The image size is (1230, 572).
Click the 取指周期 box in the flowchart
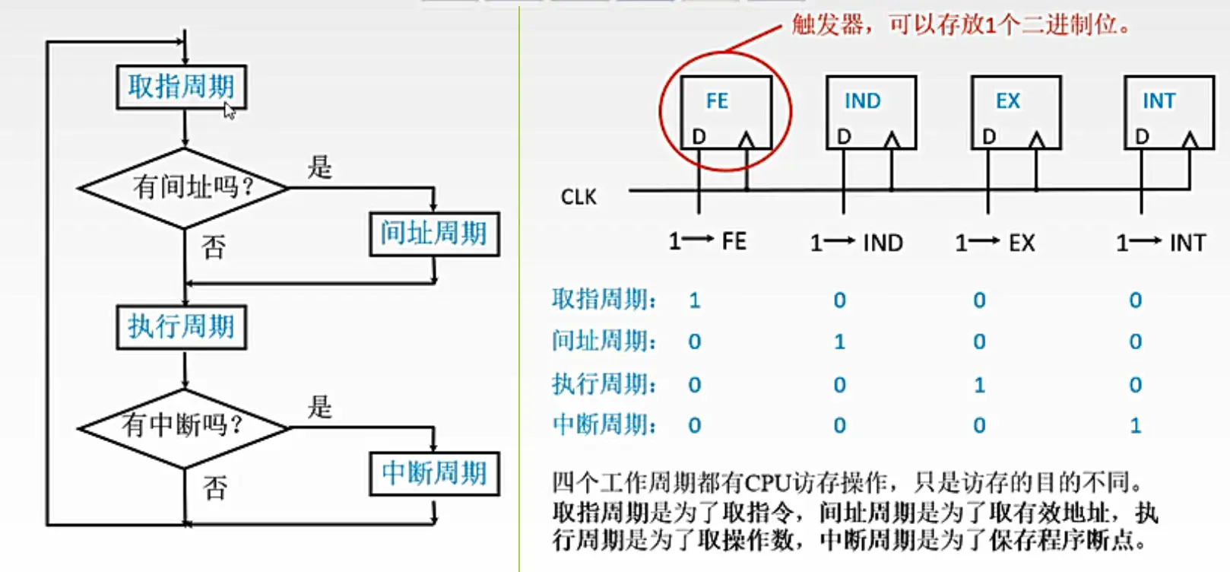(x=181, y=87)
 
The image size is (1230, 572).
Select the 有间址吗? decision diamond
(x=184, y=187)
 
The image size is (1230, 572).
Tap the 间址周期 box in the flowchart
(x=433, y=234)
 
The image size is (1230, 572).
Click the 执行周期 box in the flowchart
(x=181, y=327)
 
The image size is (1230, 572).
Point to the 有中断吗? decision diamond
(x=184, y=427)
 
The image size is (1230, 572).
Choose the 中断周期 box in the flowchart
(x=433, y=474)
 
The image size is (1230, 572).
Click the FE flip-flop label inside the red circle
(x=717, y=101)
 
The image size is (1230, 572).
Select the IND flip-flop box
(x=871, y=112)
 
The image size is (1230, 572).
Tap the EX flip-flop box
(x=1016, y=112)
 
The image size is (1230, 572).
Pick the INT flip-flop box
(x=1168, y=112)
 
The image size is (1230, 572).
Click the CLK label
(x=579, y=198)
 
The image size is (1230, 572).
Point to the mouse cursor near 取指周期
(x=229, y=111)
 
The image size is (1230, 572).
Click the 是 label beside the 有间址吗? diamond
(x=320, y=167)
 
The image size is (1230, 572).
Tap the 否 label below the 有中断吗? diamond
(x=215, y=488)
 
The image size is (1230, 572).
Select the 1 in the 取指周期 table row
(x=694, y=300)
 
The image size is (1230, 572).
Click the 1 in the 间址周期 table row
(x=839, y=342)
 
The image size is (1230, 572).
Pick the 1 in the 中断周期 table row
(x=1135, y=425)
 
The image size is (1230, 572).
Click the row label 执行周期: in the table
(x=604, y=384)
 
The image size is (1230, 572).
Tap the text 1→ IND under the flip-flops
(x=856, y=243)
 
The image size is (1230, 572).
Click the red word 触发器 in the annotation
(x=827, y=25)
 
